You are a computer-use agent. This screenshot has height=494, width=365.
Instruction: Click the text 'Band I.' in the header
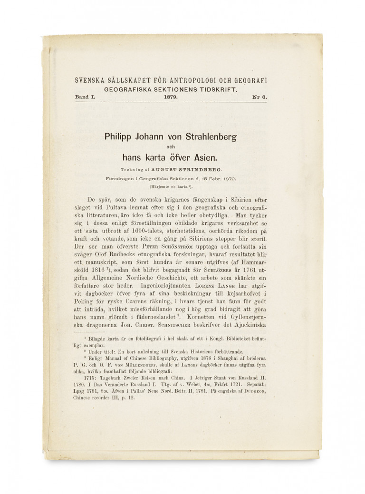tap(85, 97)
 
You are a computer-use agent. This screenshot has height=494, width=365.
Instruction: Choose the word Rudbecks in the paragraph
tap(123, 255)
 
